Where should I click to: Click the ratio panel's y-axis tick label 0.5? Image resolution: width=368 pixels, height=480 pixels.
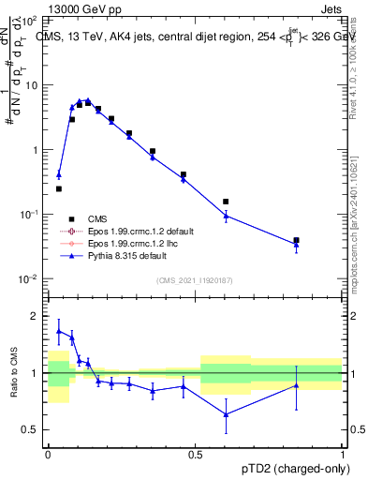33,429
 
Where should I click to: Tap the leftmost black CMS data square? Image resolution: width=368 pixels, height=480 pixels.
59,188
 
